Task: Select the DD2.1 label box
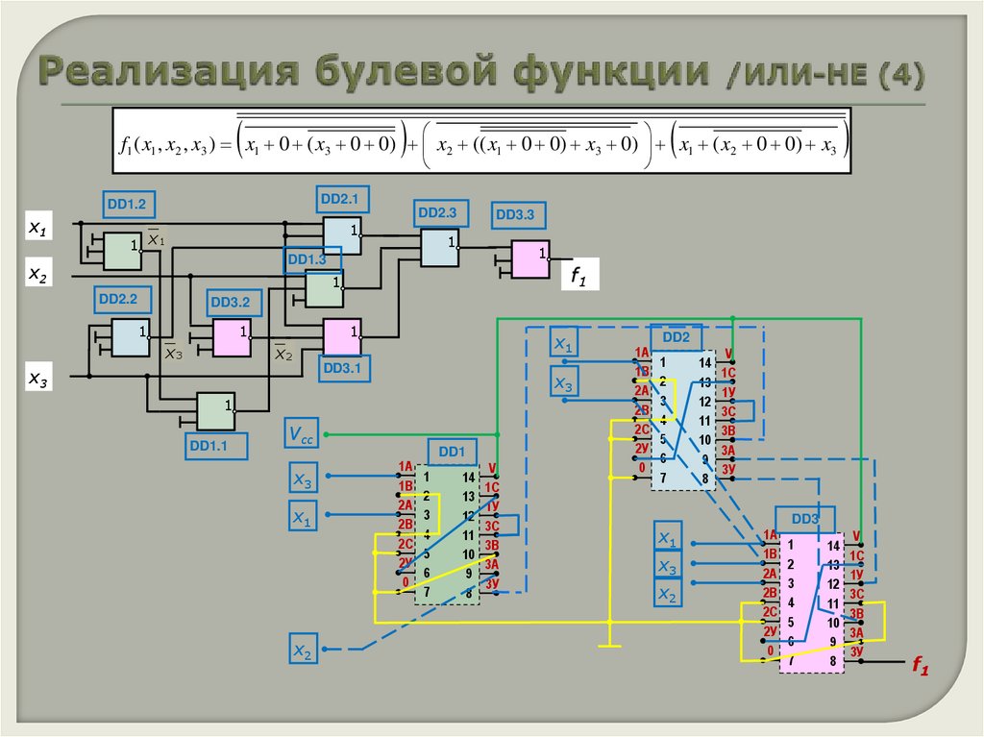point(338,200)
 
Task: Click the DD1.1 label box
point(216,445)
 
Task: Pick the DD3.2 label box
point(231,303)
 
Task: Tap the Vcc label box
point(302,434)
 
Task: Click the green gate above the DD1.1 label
point(216,410)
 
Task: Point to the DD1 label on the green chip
point(452,452)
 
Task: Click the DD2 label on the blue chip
point(676,337)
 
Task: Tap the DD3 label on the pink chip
point(805,519)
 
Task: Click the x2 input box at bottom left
point(303,651)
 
